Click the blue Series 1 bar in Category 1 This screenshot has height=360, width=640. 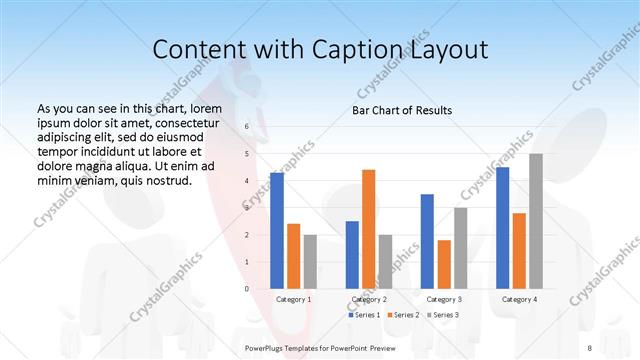click(277, 230)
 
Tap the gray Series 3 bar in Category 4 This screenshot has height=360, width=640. click(536, 221)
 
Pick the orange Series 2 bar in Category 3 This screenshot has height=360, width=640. click(443, 264)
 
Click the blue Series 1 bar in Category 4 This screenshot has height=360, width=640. click(502, 227)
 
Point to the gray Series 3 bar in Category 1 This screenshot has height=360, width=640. click(310, 261)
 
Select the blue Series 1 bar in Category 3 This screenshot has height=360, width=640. click(427, 241)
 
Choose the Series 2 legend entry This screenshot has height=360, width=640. click(403, 314)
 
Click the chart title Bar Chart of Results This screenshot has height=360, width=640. click(402, 110)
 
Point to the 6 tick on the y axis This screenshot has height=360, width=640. click(246, 127)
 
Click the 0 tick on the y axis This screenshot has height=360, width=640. click(246, 288)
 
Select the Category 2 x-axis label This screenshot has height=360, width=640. click(368, 299)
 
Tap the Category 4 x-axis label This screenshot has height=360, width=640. click(519, 299)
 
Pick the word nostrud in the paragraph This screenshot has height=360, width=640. click(164, 181)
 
